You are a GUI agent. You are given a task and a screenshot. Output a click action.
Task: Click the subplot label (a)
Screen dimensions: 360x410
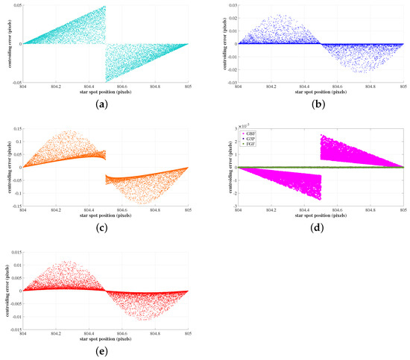pos(106,107)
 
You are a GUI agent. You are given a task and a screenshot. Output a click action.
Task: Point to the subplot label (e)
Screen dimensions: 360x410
pos(106,353)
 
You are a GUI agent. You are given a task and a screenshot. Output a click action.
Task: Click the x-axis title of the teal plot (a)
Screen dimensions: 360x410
pos(106,92)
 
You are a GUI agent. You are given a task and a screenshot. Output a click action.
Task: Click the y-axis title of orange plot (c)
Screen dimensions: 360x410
pos(6,166)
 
